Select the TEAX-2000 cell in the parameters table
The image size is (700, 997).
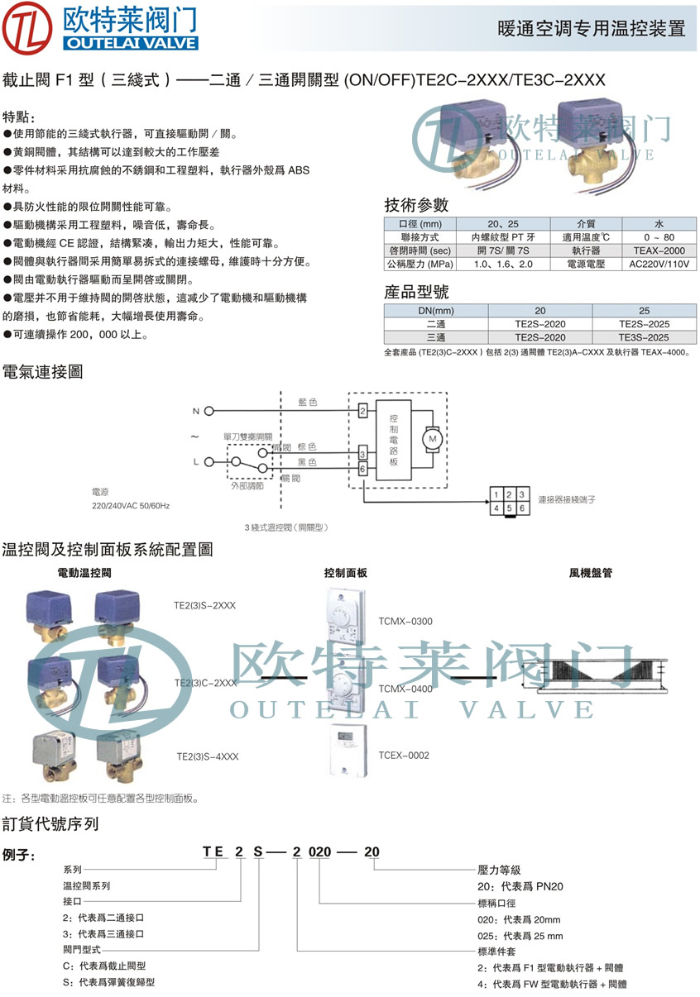(659, 250)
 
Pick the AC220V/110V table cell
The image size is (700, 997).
(659, 265)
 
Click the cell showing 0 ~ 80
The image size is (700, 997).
(659, 237)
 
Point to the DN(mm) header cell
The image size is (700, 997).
(436, 311)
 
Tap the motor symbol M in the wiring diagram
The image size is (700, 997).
(431, 439)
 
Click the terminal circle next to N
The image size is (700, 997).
(209, 411)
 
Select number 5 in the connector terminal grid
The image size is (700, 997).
(509, 508)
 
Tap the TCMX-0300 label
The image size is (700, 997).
(405, 621)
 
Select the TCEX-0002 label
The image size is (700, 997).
(404, 755)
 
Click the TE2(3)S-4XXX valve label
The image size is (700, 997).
(207, 756)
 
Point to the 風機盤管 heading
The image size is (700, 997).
(590, 572)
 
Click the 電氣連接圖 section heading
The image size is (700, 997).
(43, 373)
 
